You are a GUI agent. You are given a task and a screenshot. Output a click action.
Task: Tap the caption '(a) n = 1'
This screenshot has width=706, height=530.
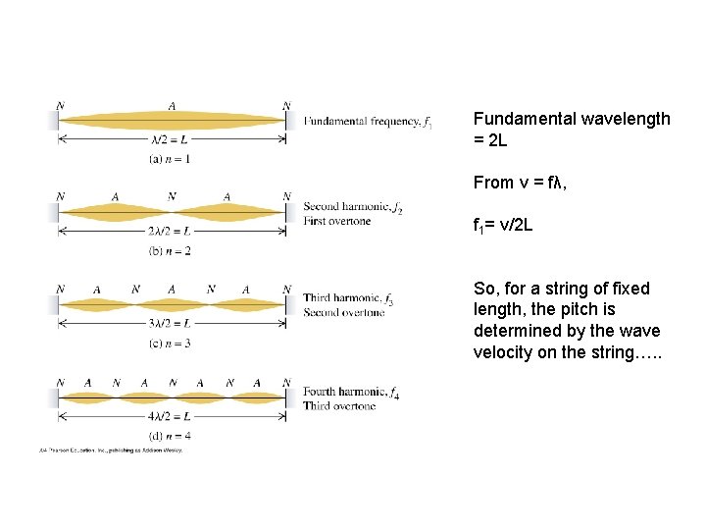click(171, 158)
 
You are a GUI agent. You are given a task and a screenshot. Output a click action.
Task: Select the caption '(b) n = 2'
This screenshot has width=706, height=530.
click(171, 250)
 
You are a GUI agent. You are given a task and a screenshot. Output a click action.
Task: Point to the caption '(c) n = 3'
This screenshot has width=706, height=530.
click(171, 343)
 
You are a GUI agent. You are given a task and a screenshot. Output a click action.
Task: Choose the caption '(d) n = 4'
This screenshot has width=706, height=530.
click(171, 435)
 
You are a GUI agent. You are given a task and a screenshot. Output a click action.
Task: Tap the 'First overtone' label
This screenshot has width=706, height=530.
click(337, 221)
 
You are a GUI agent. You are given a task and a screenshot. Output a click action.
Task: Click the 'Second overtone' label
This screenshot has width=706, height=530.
click(344, 312)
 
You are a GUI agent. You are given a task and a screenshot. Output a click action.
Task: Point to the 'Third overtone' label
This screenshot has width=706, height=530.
click(339, 405)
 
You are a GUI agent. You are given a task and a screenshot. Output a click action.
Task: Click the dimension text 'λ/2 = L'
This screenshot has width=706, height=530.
click(170, 140)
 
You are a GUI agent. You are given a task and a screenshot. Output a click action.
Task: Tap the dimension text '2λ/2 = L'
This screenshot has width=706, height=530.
click(170, 233)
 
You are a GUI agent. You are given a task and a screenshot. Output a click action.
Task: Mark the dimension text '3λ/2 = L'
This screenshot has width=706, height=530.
click(170, 325)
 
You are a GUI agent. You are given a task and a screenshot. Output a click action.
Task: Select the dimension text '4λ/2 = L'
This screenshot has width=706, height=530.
click(170, 417)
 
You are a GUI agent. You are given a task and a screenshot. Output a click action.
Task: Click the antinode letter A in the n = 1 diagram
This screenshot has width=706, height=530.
click(172, 106)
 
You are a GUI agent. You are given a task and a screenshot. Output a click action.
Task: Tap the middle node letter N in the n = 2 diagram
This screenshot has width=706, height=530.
click(172, 196)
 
